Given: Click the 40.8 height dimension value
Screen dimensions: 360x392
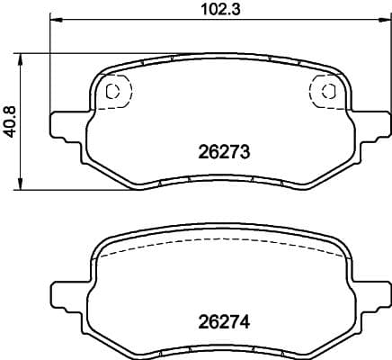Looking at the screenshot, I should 10,120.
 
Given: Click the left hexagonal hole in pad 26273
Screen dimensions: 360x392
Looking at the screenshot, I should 112,91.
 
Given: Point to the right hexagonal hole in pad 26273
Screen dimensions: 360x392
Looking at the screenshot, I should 328,90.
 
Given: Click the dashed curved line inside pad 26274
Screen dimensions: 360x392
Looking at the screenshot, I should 220,247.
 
